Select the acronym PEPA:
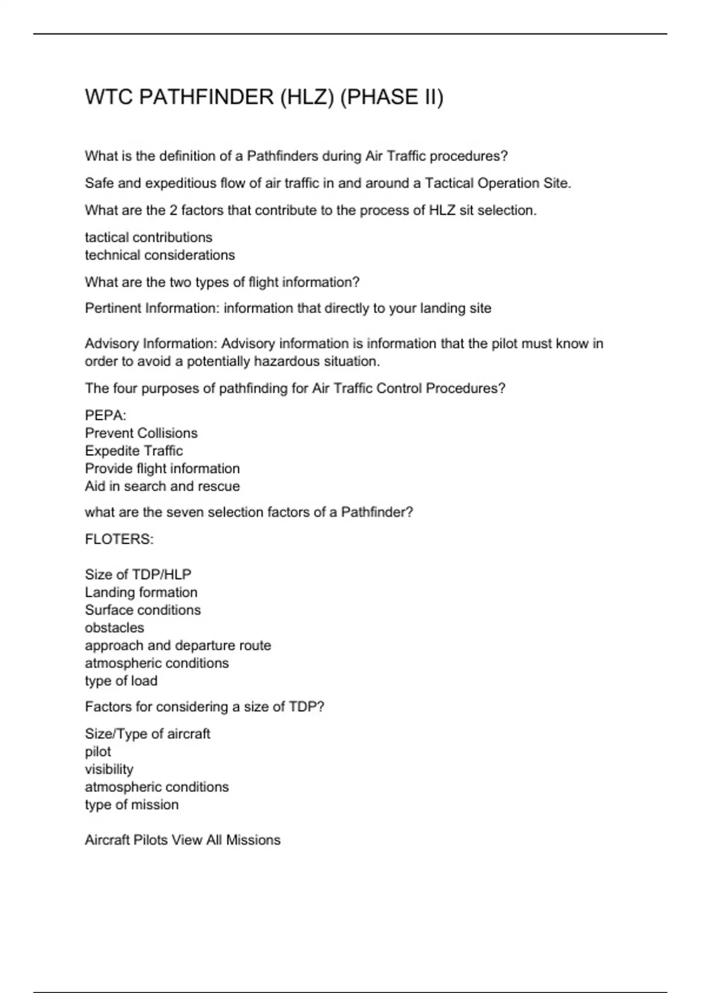(106, 415)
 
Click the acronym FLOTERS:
(119, 539)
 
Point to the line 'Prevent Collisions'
(141, 433)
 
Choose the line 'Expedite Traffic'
(134, 451)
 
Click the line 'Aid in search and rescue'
(162, 486)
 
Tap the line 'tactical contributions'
(148, 237)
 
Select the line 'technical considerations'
(159, 255)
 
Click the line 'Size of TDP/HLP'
(138, 574)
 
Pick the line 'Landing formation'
(141, 592)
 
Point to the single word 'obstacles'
(114, 628)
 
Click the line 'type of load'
(121, 681)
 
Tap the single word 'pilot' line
(98, 752)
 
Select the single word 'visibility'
(109, 769)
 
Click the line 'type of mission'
(131, 805)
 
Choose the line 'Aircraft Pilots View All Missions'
(182, 840)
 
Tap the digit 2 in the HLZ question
(173, 210)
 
